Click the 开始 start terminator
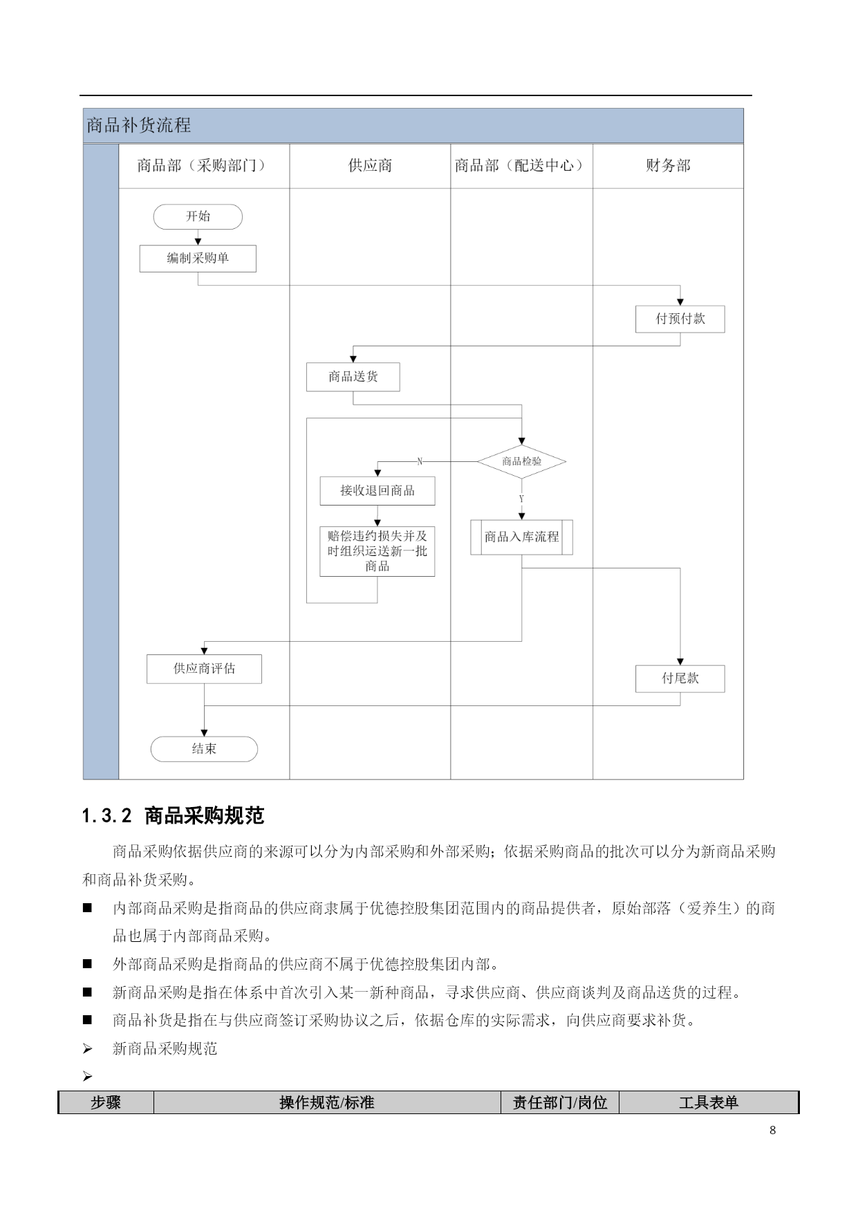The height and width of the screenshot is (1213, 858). (198, 216)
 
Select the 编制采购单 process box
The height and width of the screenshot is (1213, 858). (198, 259)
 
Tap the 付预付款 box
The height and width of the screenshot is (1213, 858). (680, 319)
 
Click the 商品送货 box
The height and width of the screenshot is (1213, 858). (353, 377)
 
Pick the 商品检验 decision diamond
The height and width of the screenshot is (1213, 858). (522, 461)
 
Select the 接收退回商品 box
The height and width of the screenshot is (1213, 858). (377, 491)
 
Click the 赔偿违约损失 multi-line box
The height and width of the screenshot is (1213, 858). (377, 551)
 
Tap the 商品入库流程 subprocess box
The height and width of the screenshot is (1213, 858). (522, 537)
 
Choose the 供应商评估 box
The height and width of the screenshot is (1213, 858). (204, 669)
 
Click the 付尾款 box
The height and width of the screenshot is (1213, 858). (680, 678)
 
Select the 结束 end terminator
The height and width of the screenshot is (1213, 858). (204, 749)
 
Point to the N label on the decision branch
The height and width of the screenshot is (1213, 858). (420, 461)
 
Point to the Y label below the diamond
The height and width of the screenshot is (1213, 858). (521, 499)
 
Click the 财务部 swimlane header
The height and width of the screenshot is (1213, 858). (668, 165)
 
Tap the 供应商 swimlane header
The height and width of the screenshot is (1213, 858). (370, 165)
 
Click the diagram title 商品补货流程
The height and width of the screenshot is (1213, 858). (139, 125)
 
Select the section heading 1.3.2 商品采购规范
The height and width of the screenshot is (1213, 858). (173, 816)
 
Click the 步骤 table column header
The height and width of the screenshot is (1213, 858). (106, 1102)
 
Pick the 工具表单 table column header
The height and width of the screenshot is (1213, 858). (709, 1102)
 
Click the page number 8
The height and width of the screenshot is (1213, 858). (772, 1131)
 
